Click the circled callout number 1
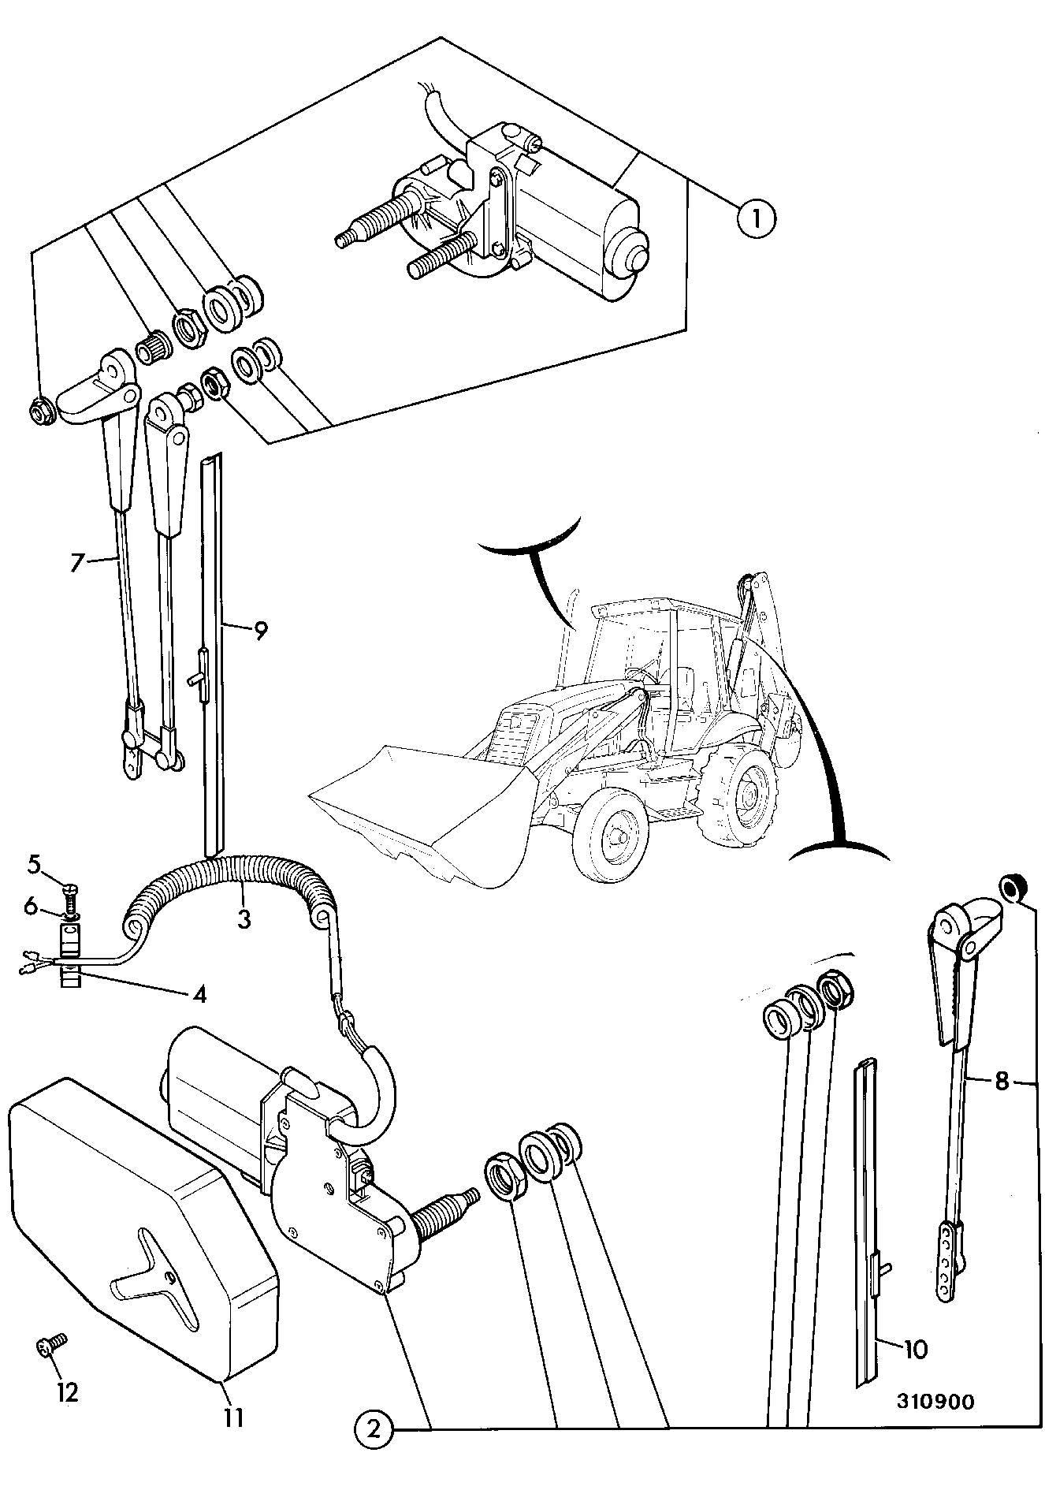point(757,218)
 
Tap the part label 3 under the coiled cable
point(244,918)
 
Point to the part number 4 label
point(200,995)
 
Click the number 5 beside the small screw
point(35,865)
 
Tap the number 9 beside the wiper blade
point(261,630)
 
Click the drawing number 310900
point(935,1402)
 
